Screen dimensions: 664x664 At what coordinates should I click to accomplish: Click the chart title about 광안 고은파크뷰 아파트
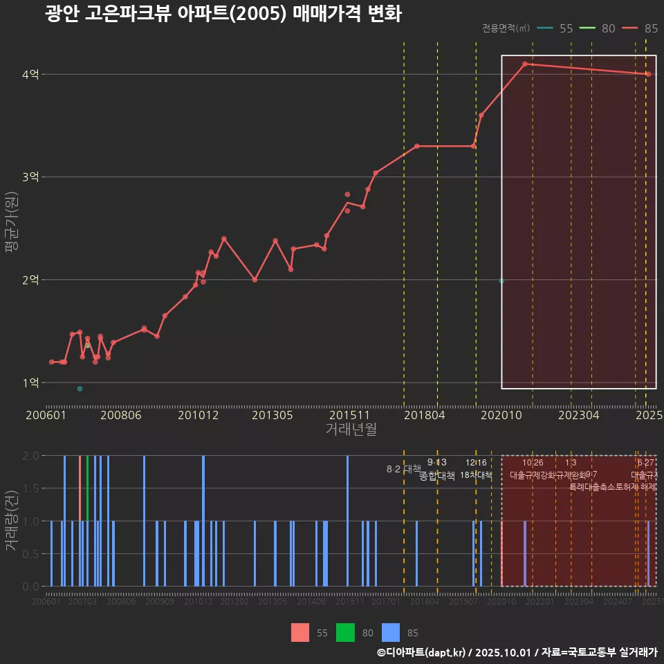tap(223, 14)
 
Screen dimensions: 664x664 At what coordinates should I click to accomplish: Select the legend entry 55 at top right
tap(566, 28)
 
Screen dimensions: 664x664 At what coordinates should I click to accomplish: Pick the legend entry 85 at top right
tap(650, 28)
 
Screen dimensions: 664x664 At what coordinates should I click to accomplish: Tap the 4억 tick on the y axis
tap(30, 74)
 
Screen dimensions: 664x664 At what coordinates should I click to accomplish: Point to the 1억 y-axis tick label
tap(30, 382)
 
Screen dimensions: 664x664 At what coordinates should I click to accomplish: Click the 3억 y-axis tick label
tap(30, 177)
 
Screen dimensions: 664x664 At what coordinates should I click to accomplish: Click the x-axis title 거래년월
tap(351, 430)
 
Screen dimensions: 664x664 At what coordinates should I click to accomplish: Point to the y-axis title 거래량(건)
tap(11, 521)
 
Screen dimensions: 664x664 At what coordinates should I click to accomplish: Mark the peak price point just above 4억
tap(525, 64)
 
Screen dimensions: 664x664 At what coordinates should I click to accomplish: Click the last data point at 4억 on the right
tap(648, 74)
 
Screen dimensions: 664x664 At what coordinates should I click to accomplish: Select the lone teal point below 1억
tap(80, 389)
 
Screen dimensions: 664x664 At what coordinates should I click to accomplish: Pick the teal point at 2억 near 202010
tap(501, 281)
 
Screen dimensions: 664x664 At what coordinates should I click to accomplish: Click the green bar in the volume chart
tap(87, 488)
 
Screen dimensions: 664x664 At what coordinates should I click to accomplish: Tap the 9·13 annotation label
tap(436, 462)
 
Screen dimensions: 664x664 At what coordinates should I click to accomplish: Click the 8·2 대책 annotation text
tap(403, 469)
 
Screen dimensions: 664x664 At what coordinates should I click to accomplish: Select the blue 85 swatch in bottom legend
tap(391, 632)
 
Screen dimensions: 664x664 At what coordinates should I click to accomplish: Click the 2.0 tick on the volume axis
tap(30, 456)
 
